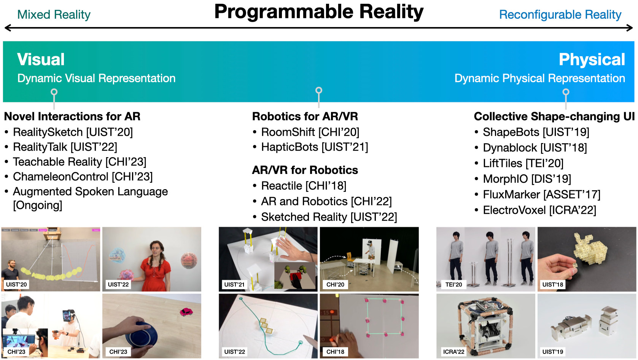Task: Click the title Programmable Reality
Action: (319, 12)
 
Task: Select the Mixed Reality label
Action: (54, 14)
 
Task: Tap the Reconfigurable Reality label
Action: (560, 14)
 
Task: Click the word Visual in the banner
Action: (41, 59)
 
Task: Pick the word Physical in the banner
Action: (592, 59)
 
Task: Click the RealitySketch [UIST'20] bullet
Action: (73, 132)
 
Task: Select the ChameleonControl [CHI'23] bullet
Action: (83, 177)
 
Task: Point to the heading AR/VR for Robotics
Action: (305, 170)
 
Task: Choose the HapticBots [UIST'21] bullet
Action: (315, 147)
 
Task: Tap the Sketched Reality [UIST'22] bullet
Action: (329, 217)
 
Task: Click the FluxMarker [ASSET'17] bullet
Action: (541, 194)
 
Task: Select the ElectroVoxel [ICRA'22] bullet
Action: (539, 210)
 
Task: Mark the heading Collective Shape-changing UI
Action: (554, 116)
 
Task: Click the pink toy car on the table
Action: (186, 312)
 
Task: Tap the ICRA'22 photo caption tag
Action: (453, 352)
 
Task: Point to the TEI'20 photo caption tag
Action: (453, 284)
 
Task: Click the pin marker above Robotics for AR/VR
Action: (319, 91)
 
